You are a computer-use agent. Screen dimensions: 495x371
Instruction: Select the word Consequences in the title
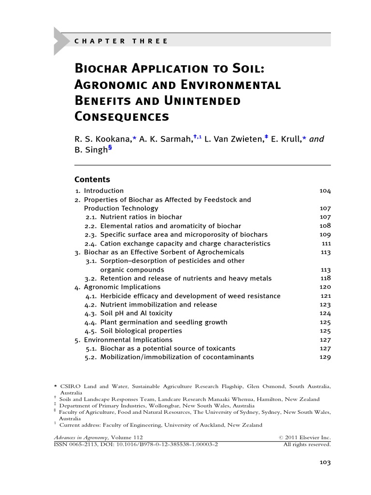pos(122,116)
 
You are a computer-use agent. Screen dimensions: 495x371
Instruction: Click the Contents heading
pos(92,179)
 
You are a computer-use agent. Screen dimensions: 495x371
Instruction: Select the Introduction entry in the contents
pos(103,191)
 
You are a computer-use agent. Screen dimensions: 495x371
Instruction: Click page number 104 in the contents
pos(325,191)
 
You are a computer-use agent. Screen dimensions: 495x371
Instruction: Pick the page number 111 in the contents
pos(326,244)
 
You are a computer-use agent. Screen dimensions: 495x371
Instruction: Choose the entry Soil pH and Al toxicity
pos(136,313)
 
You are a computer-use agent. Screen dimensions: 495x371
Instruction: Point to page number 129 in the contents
pos(325,357)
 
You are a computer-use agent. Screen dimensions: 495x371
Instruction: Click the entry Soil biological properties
pos(141,331)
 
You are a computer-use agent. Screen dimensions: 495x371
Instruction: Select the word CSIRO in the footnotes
pos(70,387)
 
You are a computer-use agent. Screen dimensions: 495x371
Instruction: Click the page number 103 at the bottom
pos(325,463)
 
